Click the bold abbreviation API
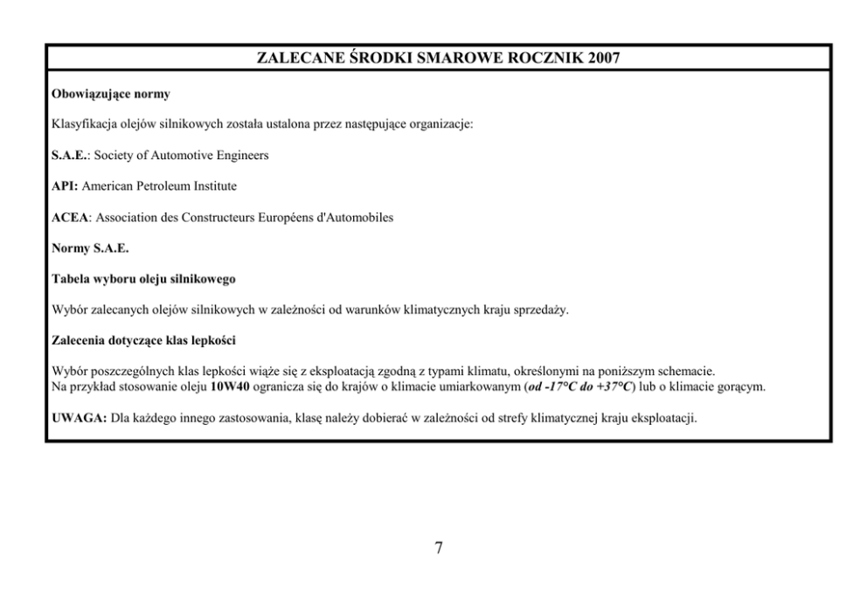(x=66, y=186)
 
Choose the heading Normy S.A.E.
(x=90, y=248)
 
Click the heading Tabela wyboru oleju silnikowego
(x=143, y=279)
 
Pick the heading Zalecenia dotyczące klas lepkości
(x=144, y=341)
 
